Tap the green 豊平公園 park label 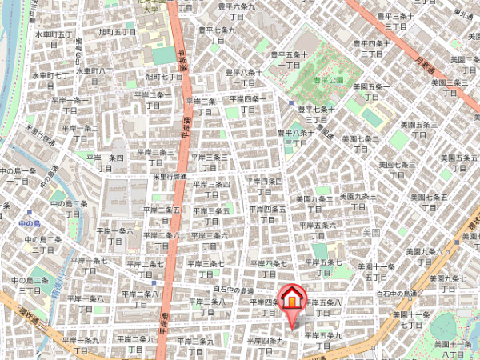[x=327, y=81]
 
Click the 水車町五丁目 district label [x=54, y=40]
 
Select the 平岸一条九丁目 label [x=84, y=344]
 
